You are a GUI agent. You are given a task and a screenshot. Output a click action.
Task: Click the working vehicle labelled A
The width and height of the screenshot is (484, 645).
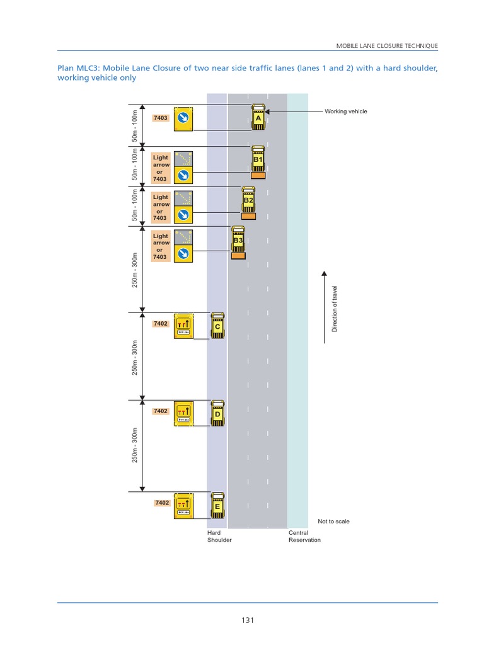pyautogui.click(x=258, y=117)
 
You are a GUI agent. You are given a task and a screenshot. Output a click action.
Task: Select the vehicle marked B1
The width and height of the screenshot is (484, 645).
pyautogui.click(x=257, y=160)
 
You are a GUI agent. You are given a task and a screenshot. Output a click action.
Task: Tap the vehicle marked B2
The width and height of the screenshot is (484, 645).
pyautogui.click(x=248, y=200)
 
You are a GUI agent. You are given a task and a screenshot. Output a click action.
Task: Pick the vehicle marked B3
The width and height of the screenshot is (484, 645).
pyautogui.click(x=238, y=241)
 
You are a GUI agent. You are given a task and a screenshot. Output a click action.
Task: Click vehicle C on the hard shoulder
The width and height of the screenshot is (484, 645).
pyautogui.click(x=217, y=326)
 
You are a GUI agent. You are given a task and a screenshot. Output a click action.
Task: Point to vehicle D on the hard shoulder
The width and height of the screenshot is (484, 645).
pyautogui.click(x=217, y=413)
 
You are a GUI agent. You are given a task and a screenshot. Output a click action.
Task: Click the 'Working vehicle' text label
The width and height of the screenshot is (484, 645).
pyautogui.click(x=345, y=111)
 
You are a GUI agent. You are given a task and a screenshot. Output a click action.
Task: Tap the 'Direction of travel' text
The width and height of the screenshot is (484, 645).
pyautogui.click(x=335, y=309)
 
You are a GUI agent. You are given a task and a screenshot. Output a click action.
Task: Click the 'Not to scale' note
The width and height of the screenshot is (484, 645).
pyautogui.click(x=333, y=522)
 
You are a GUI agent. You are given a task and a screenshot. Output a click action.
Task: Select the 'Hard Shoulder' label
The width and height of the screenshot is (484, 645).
pyautogui.click(x=219, y=536)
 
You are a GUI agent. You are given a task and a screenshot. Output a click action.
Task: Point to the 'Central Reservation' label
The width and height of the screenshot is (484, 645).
pyautogui.click(x=304, y=536)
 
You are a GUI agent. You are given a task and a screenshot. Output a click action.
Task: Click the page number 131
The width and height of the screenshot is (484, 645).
pyautogui.click(x=247, y=620)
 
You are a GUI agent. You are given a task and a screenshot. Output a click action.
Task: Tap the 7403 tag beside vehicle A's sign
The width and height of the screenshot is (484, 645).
pyautogui.click(x=161, y=118)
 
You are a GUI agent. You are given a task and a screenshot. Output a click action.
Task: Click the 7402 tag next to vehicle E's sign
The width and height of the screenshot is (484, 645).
pyautogui.click(x=161, y=503)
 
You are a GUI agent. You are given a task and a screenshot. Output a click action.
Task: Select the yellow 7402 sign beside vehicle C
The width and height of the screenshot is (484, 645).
pyautogui.click(x=183, y=324)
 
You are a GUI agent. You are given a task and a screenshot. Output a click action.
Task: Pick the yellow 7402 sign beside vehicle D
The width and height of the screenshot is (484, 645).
pyautogui.click(x=183, y=413)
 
